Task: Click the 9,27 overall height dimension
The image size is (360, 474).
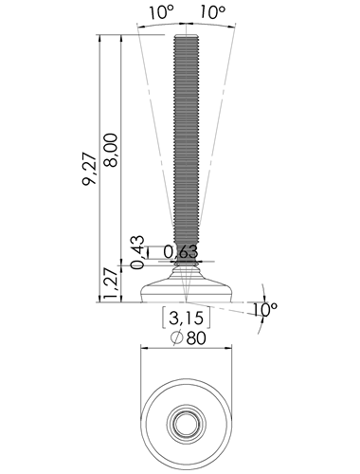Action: click(x=89, y=169)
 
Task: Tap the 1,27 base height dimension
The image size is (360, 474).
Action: click(x=112, y=283)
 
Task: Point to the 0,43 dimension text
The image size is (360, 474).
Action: click(x=137, y=252)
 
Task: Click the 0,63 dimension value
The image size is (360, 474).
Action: click(x=181, y=252)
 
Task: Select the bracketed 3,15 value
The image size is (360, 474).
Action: click(x=186, y=318)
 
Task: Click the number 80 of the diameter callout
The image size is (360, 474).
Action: click(x=196, y=338)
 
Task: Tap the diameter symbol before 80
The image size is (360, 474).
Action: click(x=177, y=337)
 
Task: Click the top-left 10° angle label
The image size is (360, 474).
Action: click(x=161, y=12)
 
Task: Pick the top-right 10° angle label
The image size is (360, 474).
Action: click(x=212, y=12)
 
